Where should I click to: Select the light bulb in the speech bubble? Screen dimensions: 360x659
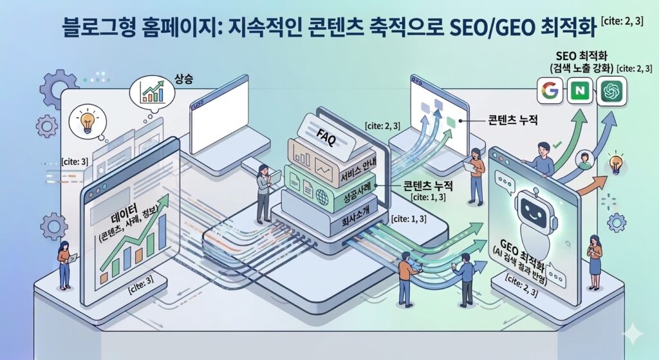coord(86,122)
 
